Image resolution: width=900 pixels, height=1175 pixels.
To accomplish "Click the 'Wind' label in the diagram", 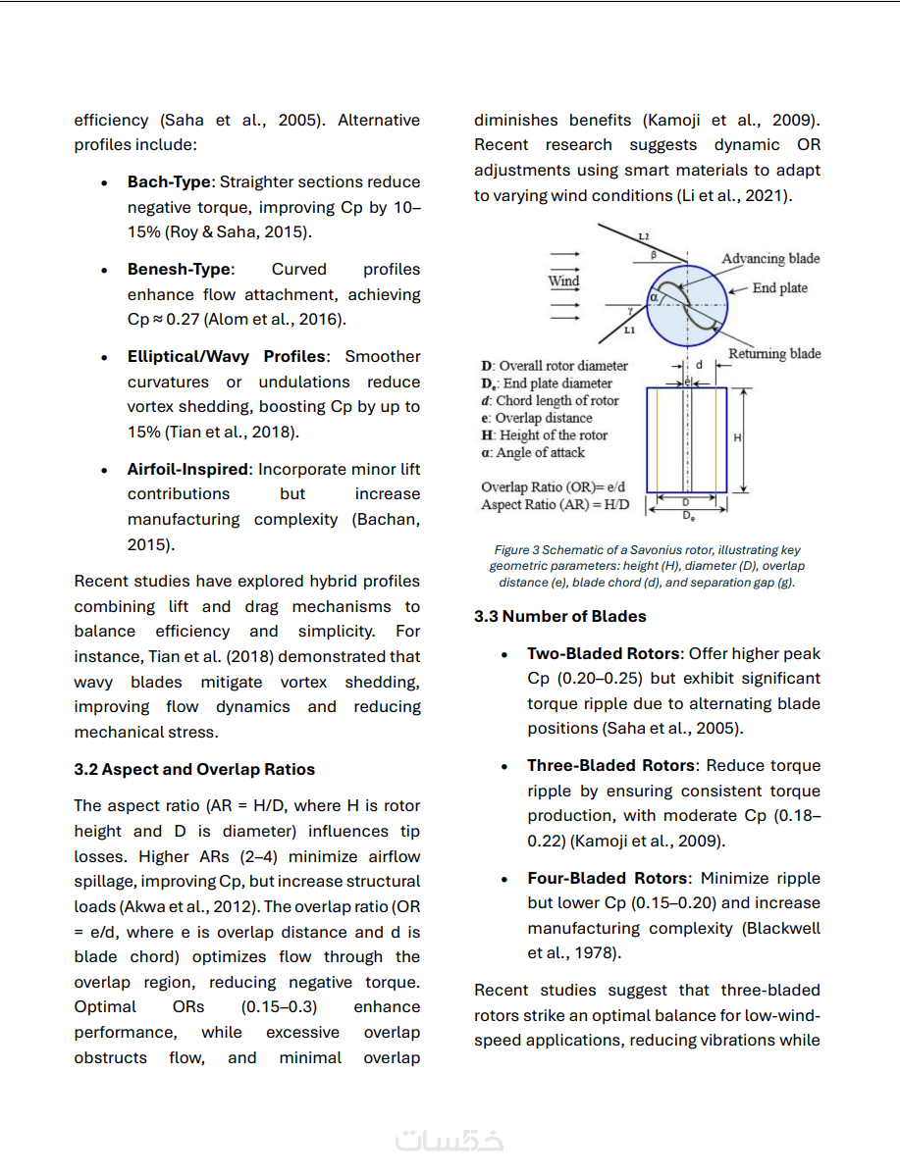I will (563, 281).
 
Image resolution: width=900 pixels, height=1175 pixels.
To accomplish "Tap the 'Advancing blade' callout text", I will (770, 259).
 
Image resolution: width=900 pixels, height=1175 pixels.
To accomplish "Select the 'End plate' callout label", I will (780, 288).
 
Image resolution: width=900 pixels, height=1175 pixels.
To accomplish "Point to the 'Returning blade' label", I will (774, 353).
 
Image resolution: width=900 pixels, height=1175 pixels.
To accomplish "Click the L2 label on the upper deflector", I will (643, 237).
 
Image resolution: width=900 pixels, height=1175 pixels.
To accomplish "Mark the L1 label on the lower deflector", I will (629, 331).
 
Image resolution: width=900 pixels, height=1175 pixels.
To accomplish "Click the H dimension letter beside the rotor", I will (737, 438).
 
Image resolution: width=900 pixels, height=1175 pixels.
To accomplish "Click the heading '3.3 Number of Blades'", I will (559, 616).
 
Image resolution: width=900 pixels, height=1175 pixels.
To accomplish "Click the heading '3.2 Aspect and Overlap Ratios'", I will (194, 769).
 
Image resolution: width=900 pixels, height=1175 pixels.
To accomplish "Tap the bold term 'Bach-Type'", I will (169, 182).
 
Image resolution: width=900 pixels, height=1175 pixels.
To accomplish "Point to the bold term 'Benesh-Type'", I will (179, 270).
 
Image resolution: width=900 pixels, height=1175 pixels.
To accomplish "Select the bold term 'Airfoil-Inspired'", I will (188, 470).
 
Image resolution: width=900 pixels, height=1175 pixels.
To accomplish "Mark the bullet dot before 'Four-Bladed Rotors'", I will (504, 879).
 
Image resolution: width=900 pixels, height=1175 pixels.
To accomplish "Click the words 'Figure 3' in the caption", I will (513, 550).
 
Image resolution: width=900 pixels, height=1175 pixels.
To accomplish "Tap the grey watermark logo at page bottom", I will (450, 1141).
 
